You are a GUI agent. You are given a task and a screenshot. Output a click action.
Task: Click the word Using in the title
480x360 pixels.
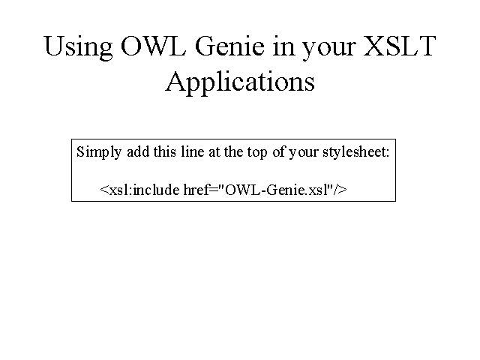78,47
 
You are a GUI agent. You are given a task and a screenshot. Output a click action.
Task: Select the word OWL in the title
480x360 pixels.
153,46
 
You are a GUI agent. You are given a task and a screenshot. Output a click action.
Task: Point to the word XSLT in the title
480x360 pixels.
400,46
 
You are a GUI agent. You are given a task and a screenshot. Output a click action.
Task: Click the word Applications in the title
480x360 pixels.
240,82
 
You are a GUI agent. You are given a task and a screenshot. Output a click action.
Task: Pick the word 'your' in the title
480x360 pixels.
329,49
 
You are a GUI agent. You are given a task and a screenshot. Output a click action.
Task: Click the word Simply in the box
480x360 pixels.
99,152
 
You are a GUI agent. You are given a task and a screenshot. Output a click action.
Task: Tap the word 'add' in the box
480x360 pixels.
138,151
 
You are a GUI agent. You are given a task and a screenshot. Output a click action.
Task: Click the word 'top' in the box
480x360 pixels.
257,153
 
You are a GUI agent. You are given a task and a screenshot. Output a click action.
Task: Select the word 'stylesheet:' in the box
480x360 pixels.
356,152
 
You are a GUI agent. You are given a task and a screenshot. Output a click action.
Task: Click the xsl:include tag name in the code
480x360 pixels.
144,190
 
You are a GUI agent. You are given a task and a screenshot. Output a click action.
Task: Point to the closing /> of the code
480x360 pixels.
341,190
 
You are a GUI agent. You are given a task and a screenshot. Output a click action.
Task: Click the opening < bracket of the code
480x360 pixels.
104,190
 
